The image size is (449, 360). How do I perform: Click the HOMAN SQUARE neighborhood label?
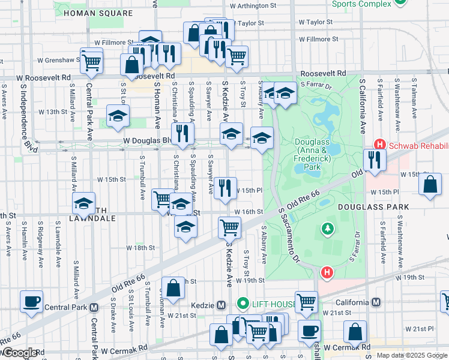click(98, 13)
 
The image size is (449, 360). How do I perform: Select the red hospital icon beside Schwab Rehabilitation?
click(379, 144)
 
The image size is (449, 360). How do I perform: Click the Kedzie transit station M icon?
click(221, 305)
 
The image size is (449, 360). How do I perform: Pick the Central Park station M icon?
click(94, 307)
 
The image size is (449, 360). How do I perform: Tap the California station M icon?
click(376, 302)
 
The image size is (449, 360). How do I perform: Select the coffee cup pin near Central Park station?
click(31, 302)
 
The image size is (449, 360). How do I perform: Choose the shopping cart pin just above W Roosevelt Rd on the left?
click(91, 61)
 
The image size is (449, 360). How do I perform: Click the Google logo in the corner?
click(20, 353)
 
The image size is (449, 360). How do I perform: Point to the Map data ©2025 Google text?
click(411, 355)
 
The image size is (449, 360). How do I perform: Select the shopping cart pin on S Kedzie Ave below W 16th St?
click(229, 227)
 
